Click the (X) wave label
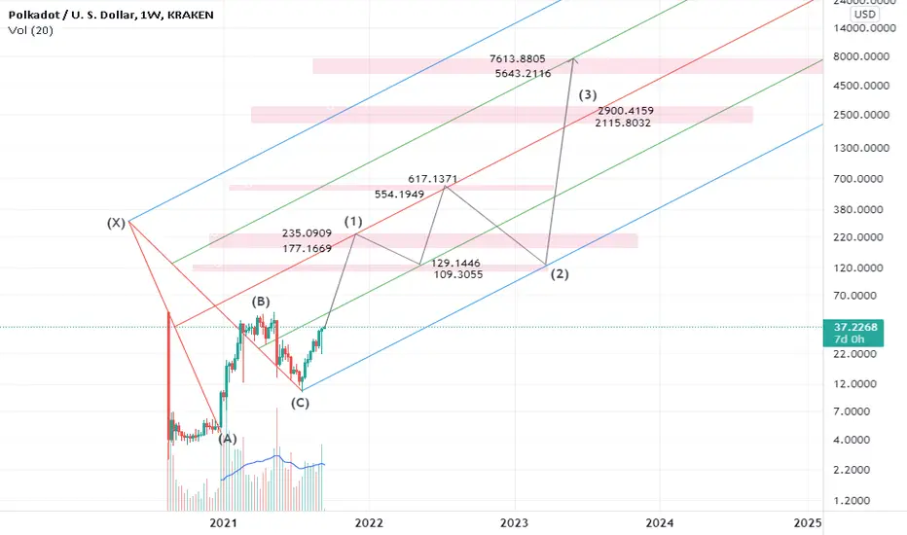tap(116, 223)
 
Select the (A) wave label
tap(228, 439)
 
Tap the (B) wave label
tap(260, 302)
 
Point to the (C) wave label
tap(300, 403)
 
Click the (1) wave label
tap(353, 221)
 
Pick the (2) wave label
tap(560, 274)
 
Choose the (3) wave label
tap(588, 94)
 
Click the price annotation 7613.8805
tap(517, 59)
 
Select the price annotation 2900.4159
tap(626, 111)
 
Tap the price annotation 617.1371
tap(433, 179)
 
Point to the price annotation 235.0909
tap(308, 233)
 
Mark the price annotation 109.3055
tap(458, 274)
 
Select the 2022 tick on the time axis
tap(369, 523)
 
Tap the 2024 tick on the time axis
tap(660, 523)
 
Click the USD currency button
tap(865, 15)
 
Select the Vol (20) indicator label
tap(31, 31)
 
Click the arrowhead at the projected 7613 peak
tap(573, 59)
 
